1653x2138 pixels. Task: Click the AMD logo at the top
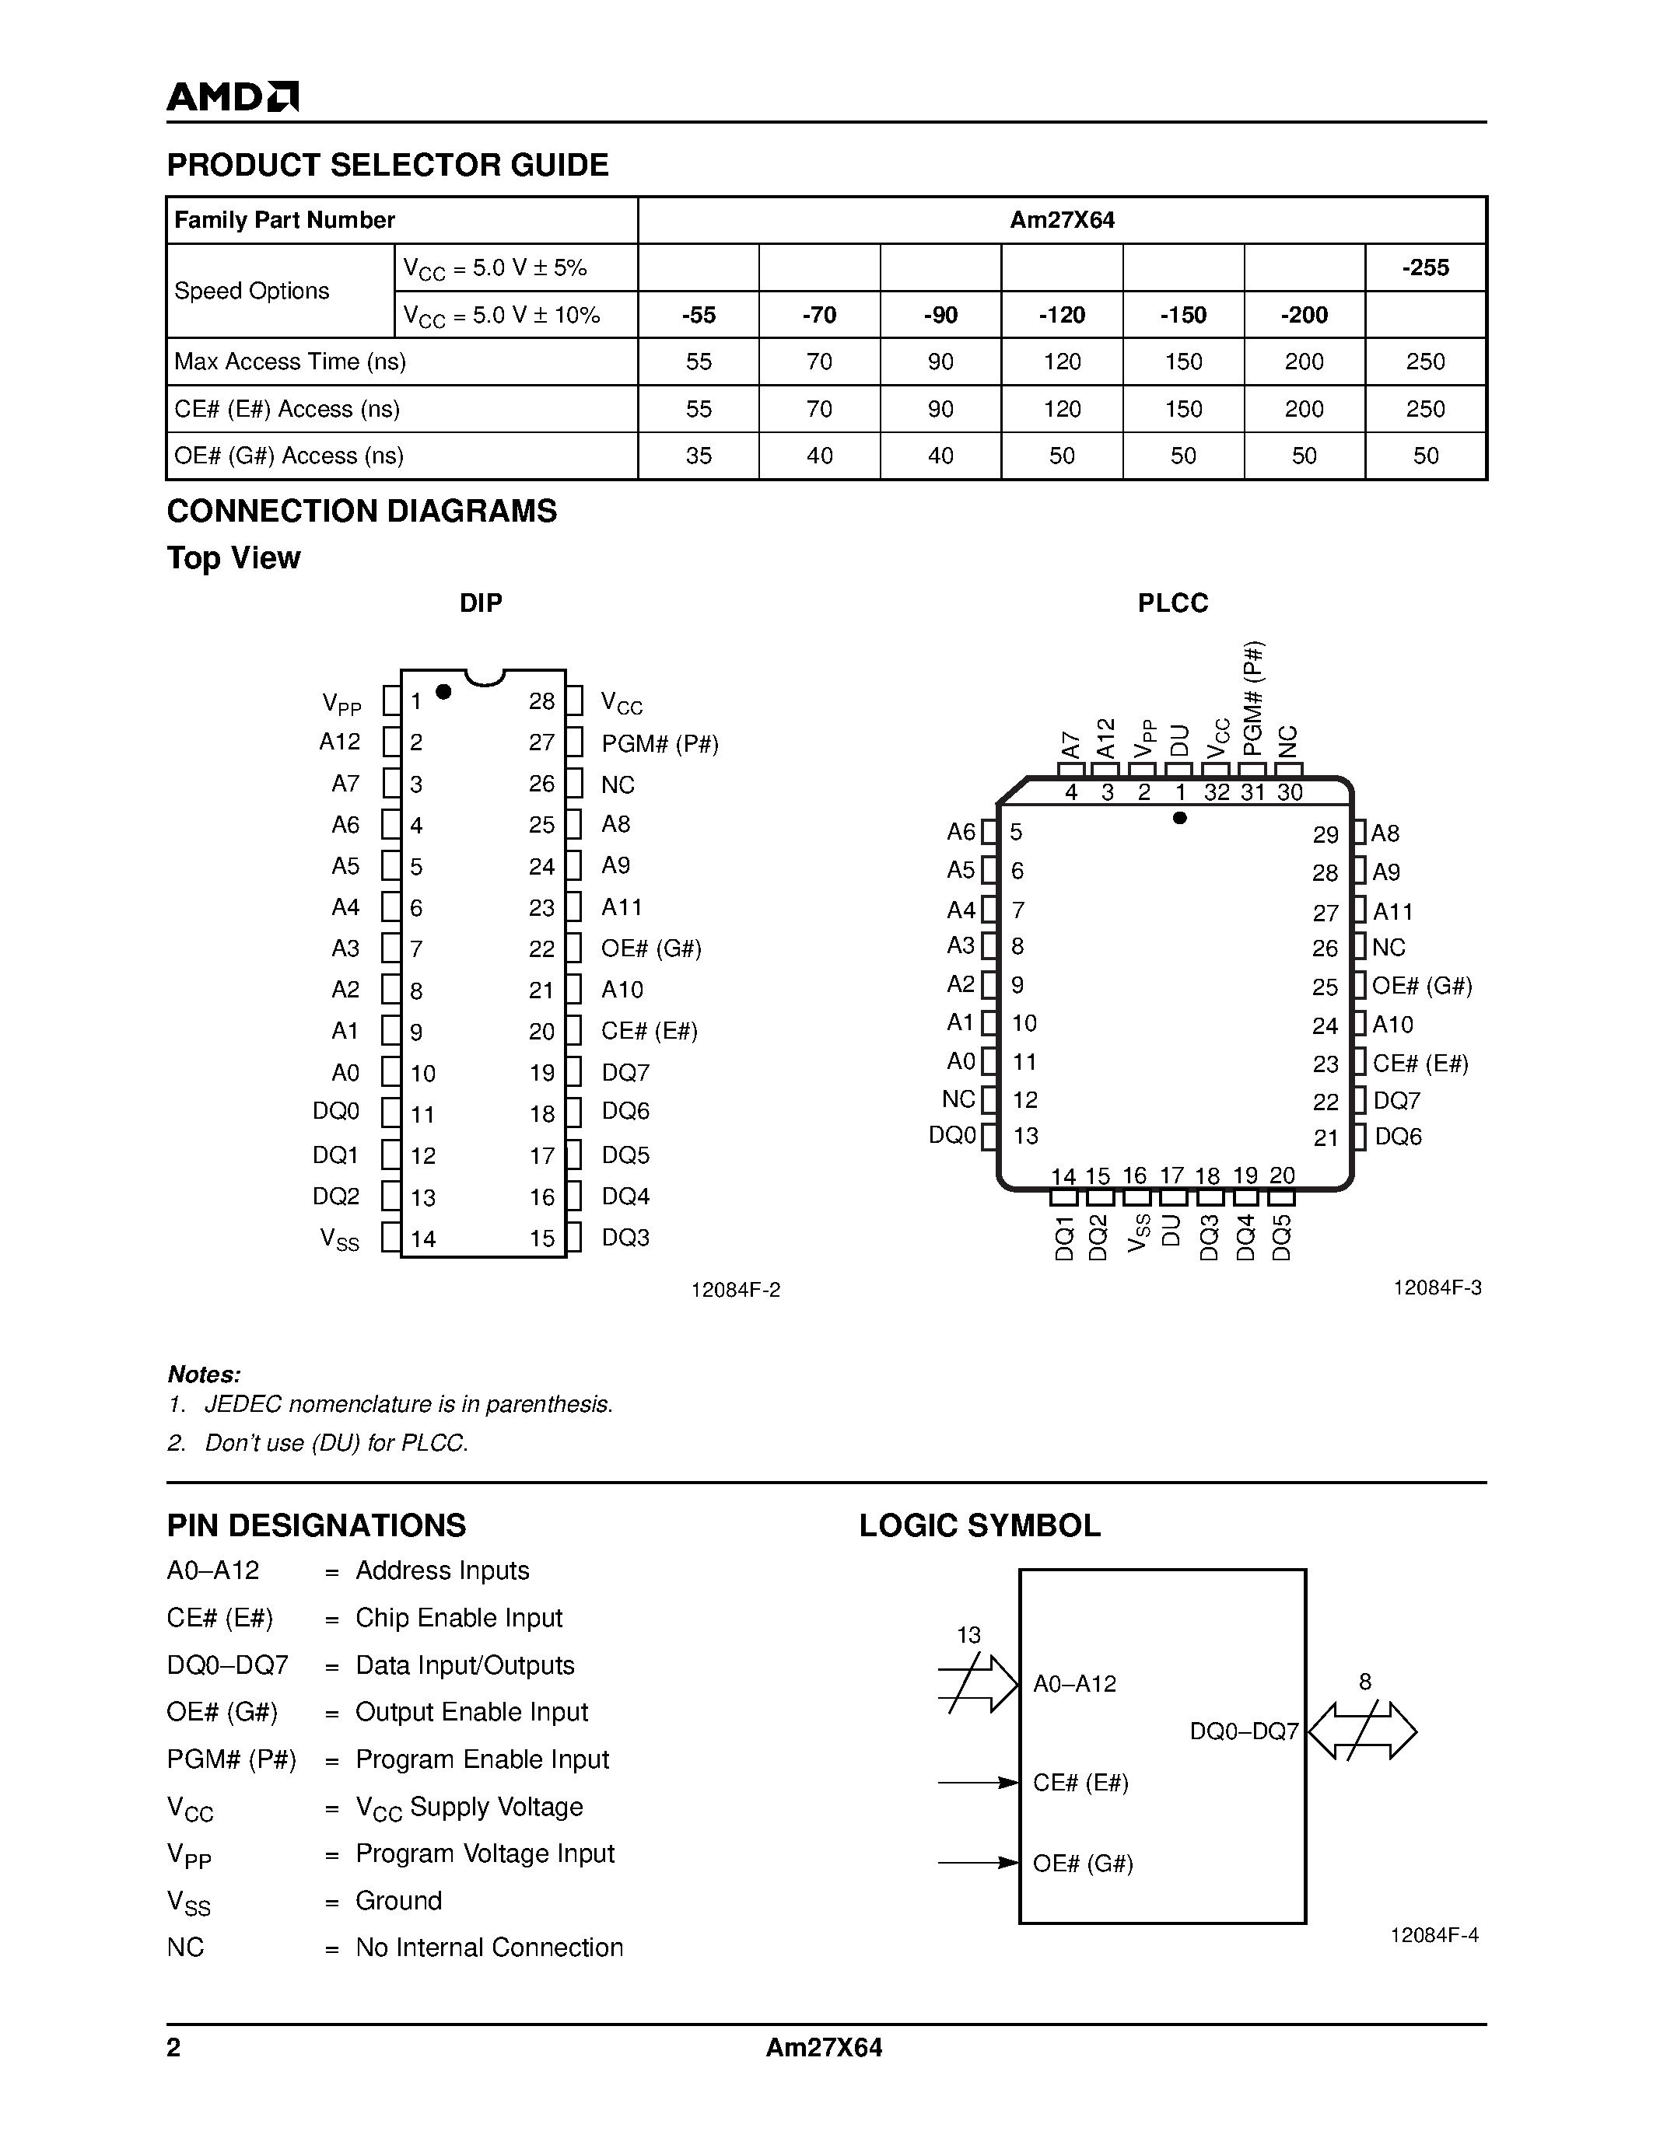(232, 96)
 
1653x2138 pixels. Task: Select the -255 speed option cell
(1425, 267)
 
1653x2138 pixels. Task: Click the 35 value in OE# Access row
(699, 456)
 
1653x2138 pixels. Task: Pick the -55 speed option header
(699, 314)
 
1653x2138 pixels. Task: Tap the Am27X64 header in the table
(1062, 220)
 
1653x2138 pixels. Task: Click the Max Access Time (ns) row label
(290, 362)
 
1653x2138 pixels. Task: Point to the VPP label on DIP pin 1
(341, 704)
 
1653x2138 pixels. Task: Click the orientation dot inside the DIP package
(443, 692)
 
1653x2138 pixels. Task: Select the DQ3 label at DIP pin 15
(625, 1238)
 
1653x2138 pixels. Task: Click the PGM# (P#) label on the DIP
(660, 743)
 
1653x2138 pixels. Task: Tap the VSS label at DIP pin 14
(340, 1239)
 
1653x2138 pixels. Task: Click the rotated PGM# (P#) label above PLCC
(1252, 697)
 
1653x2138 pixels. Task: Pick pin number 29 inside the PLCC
(1325, 835)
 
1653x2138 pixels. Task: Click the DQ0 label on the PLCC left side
(953, 1136)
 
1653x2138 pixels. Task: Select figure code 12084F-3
(1437, 1288)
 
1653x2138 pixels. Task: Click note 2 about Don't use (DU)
(318, 1443)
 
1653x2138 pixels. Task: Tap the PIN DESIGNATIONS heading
(317, 1525)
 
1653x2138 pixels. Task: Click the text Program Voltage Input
(485, 1853)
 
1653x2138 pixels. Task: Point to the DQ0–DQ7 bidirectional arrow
(1362, 1731)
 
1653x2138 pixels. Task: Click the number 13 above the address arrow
(968, 1635)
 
